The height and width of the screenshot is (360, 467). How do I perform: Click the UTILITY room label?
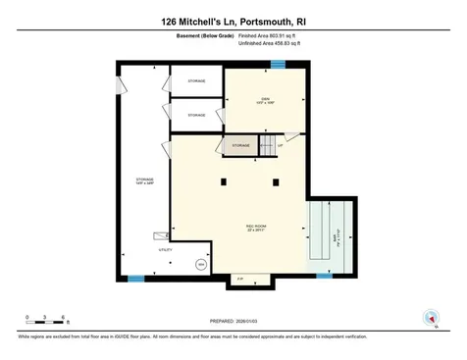coord(139,251)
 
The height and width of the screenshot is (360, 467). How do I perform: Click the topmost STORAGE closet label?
coord(197,80)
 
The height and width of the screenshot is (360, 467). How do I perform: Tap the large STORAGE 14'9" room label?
coord(144,181)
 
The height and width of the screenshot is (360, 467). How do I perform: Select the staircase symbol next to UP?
coord(267,145)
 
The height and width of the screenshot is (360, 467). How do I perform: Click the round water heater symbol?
coord(200,263)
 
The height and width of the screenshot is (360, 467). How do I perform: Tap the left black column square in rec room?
coord(225,180)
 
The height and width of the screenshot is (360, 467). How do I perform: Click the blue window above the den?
coord(278,66)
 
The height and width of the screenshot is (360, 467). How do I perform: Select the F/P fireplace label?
coord(240,280)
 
